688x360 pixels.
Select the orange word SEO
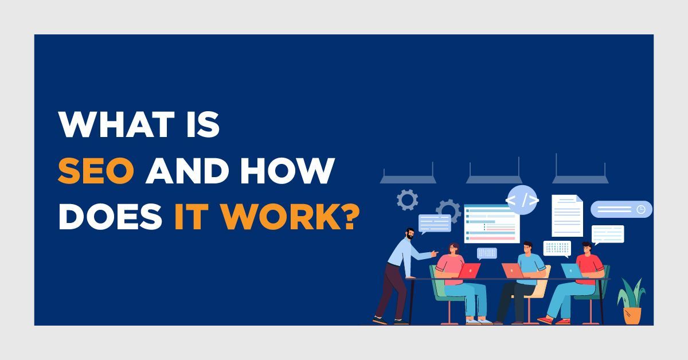(96, 171)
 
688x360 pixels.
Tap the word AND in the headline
(187, 171)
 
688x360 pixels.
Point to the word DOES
(110, 216)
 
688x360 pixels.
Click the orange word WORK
(281, 216)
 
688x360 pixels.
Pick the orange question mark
(351, 216)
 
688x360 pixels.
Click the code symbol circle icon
(522, 200)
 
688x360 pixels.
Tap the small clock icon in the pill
(641, 209)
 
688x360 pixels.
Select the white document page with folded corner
(567, 216)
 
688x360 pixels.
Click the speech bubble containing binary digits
(557, 249)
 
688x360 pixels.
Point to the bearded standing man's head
(410, 234)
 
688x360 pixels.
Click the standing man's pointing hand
(435, 254)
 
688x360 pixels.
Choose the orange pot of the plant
(632, 316)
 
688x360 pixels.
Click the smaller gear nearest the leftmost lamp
(407, 200)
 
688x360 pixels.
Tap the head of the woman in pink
(454, 249)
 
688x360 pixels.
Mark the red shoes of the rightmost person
(553, 320)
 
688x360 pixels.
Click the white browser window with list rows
(492, 224)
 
